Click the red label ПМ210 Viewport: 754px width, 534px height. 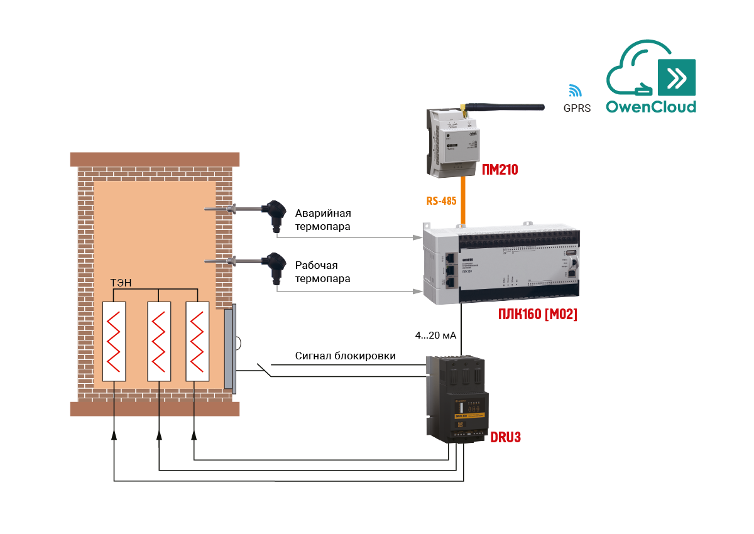(500, 168)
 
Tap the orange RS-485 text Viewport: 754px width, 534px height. (441, 201)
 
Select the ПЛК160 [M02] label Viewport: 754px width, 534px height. (537, 314)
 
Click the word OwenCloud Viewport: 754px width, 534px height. (650, 106)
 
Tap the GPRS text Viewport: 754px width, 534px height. (577, 108)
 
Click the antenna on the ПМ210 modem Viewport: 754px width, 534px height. (503, 106)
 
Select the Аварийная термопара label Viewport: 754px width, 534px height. (323, 219)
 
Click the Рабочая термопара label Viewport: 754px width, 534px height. (323, 271)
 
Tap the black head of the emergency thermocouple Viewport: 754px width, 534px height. (275, 212)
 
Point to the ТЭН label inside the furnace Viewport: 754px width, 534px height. (121, 283)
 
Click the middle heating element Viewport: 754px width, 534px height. (160, 341)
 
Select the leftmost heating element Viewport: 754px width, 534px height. (114, 341)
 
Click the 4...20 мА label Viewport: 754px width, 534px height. (435, 336)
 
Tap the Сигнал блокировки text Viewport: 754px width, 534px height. (346, 356)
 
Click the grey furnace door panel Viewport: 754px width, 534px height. (229, 349)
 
